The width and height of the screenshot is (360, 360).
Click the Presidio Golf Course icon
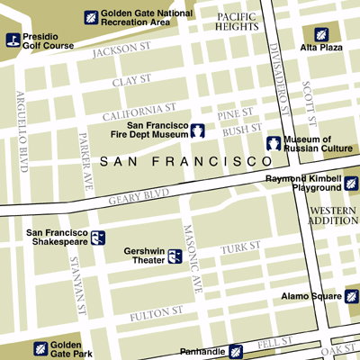[13, 39]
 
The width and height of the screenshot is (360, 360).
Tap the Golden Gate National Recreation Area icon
[90, 17]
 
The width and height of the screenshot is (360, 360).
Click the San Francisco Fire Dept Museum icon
[198, 130]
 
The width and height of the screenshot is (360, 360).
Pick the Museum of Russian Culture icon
[273, 143]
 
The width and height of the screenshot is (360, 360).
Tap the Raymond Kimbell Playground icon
[351, 184]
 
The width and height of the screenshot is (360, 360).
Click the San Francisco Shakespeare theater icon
[98, 238]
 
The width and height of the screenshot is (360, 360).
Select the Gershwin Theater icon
[175, 257]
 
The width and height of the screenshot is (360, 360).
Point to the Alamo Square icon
[352, 296]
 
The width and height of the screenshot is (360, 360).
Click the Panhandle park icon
[236, 351]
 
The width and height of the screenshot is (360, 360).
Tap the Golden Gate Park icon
[40, 349]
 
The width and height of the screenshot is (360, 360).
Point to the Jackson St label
[121, 49]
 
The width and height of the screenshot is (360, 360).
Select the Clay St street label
[132, 83]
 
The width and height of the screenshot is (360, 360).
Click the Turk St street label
[241, 246]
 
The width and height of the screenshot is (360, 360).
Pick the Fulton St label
[157, 314]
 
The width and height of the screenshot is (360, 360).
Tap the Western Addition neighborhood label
[333, 214]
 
